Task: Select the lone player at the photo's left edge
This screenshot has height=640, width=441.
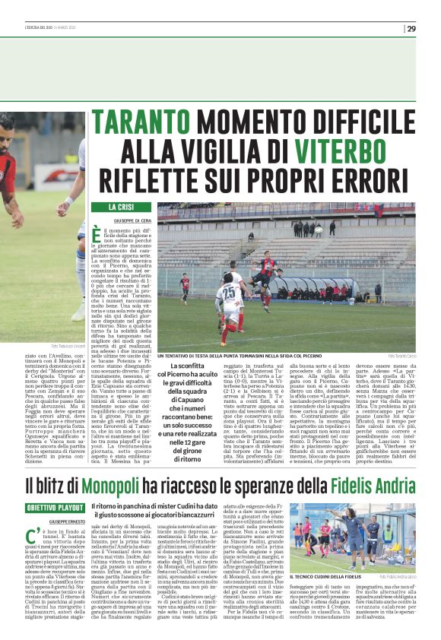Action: (184, 287)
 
